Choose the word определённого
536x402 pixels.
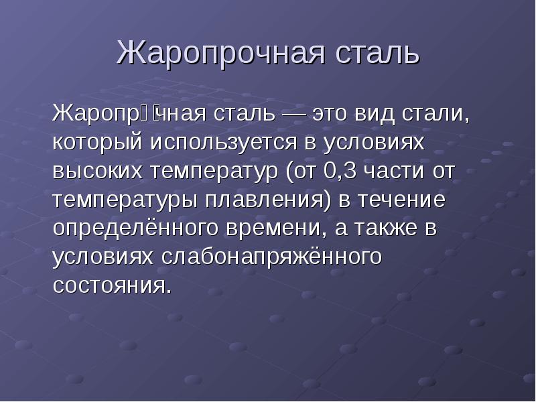(x=130, y=228)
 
